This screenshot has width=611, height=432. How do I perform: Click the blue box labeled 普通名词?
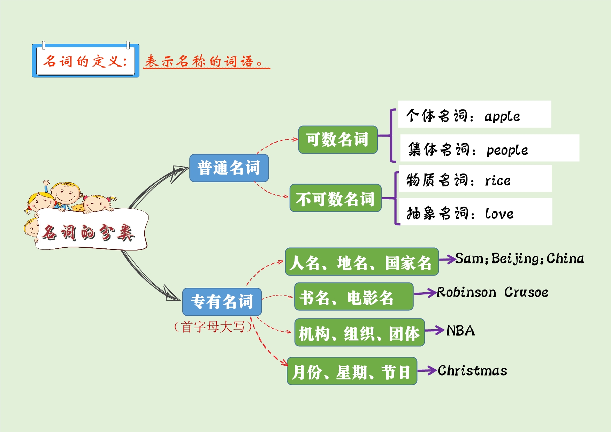[229, 168]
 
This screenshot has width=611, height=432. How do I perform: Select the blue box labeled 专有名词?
[222, 302]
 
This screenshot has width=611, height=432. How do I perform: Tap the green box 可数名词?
[338, 140]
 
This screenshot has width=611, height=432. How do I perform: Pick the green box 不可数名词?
[335, 198]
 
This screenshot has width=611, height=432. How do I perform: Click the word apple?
[502, 116]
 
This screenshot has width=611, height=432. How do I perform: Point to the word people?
[507, 150]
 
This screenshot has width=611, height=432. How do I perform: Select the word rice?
[498, 180]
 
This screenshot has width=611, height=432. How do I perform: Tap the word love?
[499, 214]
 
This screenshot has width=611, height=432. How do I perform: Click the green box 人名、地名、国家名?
[361, 262]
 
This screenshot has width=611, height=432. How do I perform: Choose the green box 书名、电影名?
[353, 297]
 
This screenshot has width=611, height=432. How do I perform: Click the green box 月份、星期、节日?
[352, 371]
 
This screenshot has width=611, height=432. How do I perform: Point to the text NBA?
[460, 331]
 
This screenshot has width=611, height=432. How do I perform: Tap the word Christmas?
[472, 371]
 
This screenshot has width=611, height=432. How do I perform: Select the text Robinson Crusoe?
[492, 292]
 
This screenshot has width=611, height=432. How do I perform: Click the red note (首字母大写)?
[213, 327]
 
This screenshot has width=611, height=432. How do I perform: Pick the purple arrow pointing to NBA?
[434, 330]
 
